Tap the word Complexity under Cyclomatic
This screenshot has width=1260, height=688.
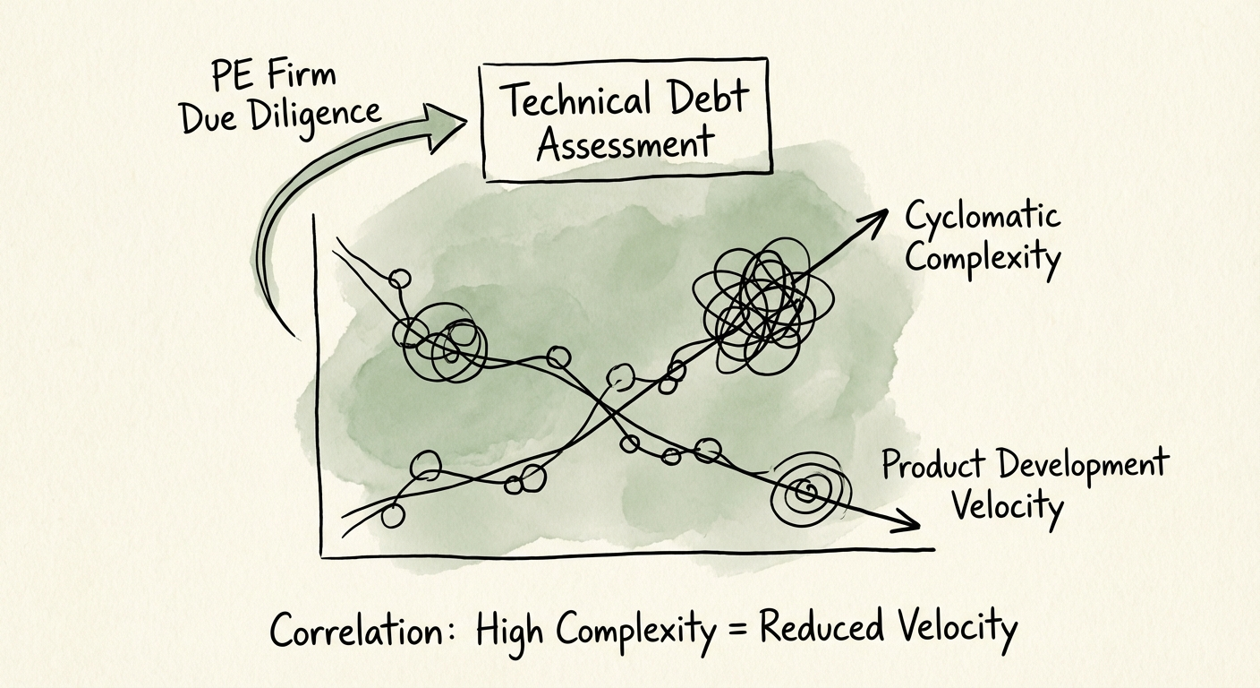point(983,258)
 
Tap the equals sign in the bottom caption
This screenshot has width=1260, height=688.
point(738,627)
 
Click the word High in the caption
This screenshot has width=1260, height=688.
point(510,631)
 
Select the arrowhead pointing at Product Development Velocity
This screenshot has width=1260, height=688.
point(911,524)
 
